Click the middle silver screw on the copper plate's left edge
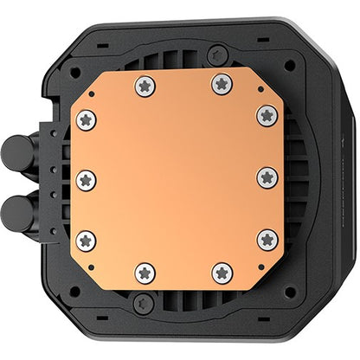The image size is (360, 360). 86,180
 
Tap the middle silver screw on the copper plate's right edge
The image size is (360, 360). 267,177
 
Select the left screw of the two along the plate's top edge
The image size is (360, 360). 145,86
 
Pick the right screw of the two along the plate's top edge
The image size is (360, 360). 222,84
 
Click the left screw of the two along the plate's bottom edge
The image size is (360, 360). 145,272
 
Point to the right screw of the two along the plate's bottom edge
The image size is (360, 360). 222,272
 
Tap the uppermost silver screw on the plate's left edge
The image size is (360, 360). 86,120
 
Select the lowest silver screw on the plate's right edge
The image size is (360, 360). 268,239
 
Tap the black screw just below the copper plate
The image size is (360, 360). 144,302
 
